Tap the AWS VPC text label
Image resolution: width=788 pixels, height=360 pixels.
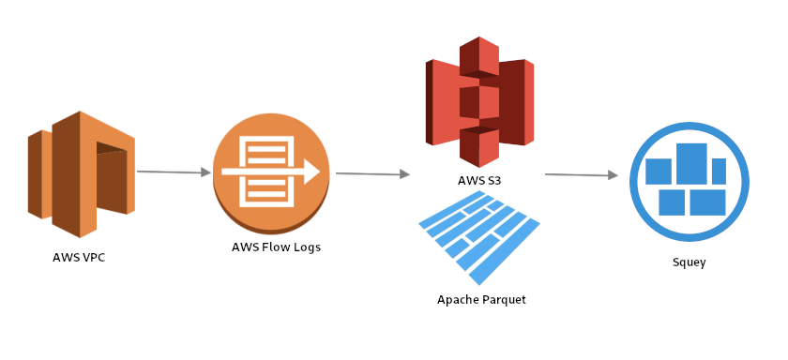click(x=79, y=257)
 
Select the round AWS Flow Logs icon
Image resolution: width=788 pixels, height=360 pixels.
click(x=271, y=173)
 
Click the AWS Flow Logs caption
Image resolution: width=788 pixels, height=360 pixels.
click(x=276, y=247)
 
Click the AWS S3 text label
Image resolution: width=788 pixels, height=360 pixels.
click(x=479, y=179)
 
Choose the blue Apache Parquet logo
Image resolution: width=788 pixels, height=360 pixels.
click(x=479, y=237)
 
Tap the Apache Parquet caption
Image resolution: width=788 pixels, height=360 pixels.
click(x=481, y=300)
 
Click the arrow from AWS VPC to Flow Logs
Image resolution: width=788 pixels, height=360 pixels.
click(x=174, y=172)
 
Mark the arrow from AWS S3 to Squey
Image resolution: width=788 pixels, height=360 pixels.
click(x=581, y=174)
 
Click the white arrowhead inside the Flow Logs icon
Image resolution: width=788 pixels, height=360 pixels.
click(x=313, y=173)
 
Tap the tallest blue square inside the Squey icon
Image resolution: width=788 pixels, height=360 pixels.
click(x=691, y=164)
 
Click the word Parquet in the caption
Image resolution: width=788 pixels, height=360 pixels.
click(x=502, y=300)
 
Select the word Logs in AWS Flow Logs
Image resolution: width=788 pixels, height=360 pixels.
click(x=305, y=247)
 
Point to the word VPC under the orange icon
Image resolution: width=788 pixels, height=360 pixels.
click(x=91, y=257)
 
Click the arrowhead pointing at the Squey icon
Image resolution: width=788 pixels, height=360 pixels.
click(x=613, y=175)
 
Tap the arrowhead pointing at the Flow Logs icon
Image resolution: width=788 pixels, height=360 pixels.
click(x=205, y=172)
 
